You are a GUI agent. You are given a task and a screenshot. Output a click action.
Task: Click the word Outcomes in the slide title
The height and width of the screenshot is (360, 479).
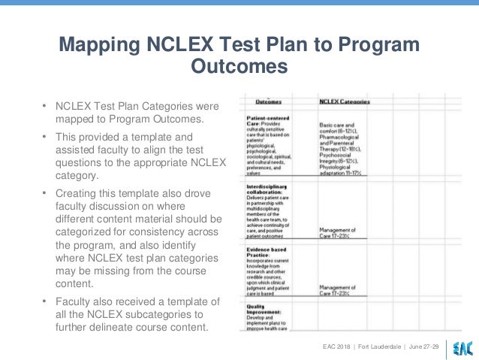(x=239, y=67)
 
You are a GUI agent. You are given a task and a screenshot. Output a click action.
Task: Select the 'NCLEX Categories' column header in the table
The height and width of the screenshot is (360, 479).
(x=345, y=101)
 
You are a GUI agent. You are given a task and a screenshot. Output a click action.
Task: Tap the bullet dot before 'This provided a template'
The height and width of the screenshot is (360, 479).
(x=44, y=138)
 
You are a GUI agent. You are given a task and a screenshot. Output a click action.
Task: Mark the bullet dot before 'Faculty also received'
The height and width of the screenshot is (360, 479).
(x=44, y=301)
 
